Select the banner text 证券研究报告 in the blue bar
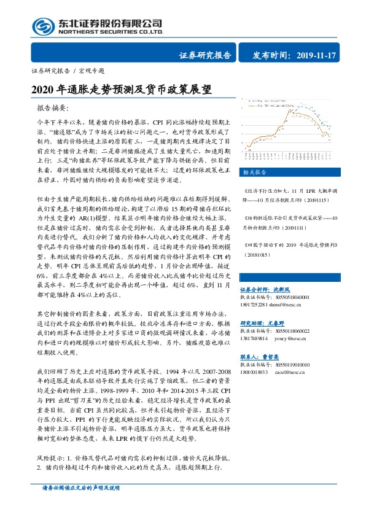click(x=205, y=55)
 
